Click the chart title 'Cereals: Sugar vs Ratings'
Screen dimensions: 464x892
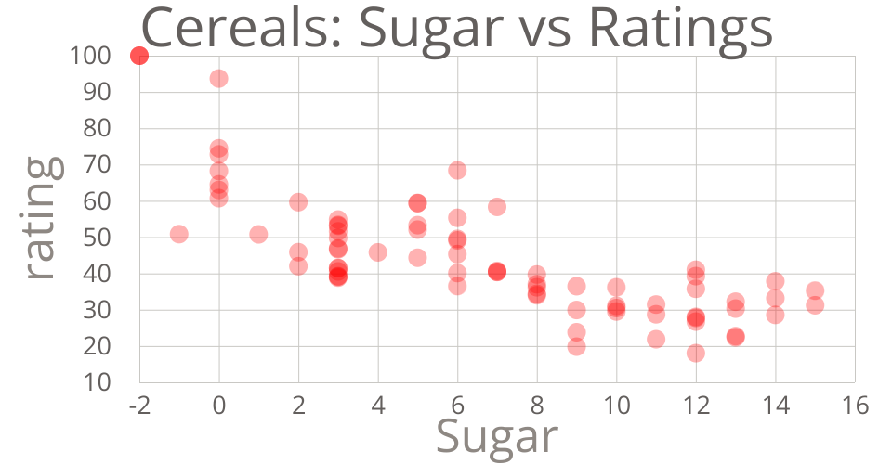click(x=456, y=28)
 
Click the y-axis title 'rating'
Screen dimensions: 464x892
click(x=44, y=219)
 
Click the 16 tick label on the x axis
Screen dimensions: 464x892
click(x=855, y=406)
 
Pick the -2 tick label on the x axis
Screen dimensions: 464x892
click(x=140, y=406)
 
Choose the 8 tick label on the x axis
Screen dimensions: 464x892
click(x=537, y=406)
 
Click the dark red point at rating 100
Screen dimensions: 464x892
click(x=139, y=56)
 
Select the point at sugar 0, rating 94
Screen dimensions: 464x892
click(x=218, y=78)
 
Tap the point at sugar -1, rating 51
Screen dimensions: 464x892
click(x=179, y=234)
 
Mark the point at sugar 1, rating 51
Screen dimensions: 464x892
click(x=258, y=234)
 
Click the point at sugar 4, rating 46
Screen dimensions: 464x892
click(x=377, y=252)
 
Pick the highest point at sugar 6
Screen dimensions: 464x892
click(x=457, y=170)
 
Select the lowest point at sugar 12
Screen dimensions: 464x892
click(x=695, y=353)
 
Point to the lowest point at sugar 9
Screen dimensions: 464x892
click(x=576, y=346)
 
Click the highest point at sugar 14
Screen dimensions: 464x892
click(x=775, y=281)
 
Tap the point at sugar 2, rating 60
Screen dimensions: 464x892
click(x=298, y=201)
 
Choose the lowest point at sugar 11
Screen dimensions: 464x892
click(x=656, y=339)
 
